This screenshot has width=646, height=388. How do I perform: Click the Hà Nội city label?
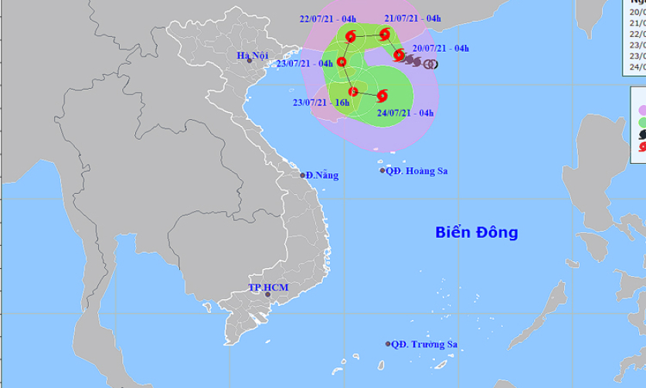tap(253, 54)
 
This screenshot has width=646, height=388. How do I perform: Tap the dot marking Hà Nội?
tap(260, 60)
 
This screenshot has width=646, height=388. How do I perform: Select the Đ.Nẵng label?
tap(322, 175)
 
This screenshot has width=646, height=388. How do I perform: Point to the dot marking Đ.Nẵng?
tap(303, 175)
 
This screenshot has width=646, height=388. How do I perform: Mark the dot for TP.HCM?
tap(267, 294)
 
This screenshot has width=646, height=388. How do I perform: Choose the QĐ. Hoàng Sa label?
tap(418, 171)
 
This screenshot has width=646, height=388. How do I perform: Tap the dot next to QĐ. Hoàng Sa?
tap(382, 171)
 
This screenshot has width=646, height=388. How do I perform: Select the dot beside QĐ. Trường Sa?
tap(387, 344)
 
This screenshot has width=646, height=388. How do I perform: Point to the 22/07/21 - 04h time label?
tap(331, 19)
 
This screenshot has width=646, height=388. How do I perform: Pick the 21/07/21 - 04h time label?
tap(413, 19)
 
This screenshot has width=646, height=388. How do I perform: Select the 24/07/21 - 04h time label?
tap(405, 112)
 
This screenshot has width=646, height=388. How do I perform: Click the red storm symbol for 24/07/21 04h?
tap(382, 96)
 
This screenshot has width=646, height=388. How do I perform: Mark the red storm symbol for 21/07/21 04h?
tap(384, 34)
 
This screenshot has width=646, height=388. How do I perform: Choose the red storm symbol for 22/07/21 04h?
tap(352, 36)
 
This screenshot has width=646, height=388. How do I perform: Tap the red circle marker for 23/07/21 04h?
tap(341, 62)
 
